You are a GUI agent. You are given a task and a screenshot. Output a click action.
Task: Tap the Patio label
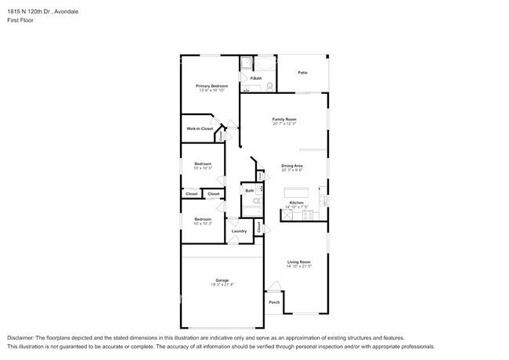tap(302, 73)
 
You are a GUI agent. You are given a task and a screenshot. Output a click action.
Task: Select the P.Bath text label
tap(256, 78)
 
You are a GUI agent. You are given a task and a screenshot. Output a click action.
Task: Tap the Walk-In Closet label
tap(200, 128)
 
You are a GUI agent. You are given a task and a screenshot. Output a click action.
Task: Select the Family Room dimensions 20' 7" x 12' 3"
tap(283, 124)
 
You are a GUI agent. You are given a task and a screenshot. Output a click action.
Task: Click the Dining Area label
tap(292, 165)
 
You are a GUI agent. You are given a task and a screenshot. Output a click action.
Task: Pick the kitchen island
tap(297, 193)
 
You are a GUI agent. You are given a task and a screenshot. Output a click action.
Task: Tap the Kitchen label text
tap(296, 203)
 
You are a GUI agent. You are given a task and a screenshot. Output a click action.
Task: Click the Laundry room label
tap(239, 231)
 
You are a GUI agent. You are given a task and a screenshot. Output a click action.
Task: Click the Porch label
tap(274, 302)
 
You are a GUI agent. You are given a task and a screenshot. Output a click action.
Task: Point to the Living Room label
tap(298, 261)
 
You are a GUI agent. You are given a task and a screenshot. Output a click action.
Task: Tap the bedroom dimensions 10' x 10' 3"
tap(203, 224)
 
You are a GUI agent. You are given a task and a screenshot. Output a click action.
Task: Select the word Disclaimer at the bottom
tap(23, 337)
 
